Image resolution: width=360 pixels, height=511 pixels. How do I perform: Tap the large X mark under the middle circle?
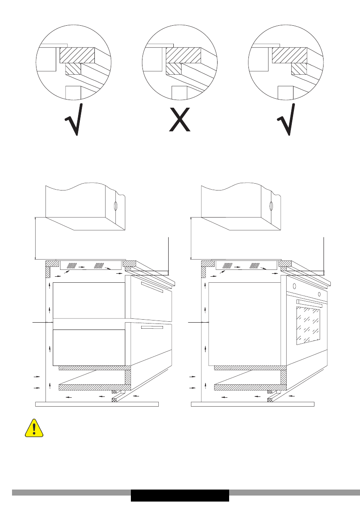tap(180, 120)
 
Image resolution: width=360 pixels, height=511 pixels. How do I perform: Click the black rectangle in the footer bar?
tap(180, 495)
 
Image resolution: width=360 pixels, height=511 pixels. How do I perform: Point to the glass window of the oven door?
tap(307, 326)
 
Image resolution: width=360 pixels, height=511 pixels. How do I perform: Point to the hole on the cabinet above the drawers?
tap(115, 206)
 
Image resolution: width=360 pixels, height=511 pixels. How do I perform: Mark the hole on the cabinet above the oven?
tap(271, 206)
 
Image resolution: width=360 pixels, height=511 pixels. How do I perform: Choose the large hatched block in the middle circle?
tap(183, 55)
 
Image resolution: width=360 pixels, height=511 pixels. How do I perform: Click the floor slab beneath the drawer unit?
tap(97, 404)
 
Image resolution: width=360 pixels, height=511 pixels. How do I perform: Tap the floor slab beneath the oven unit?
tap(253, 404)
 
